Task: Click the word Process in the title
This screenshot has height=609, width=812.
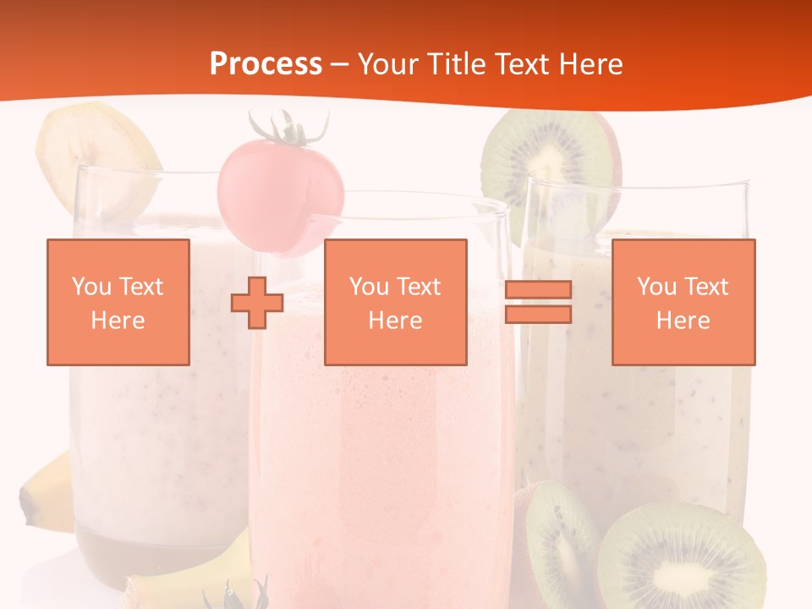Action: click(x=266, y=64)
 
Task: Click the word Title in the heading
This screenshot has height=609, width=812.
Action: click(x=453, y=64)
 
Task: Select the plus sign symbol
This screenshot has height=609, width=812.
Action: click(x=257, y=302)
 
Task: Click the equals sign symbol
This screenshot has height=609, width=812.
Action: click(x=538, y=302)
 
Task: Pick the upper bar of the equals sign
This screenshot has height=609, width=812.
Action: click(x=538, y=290)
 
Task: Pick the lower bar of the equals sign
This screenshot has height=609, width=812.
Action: click(x=538, y=314)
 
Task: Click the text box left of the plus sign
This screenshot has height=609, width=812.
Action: click(x=118, y=302)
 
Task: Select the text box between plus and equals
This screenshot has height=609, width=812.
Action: click(x=395, y=302)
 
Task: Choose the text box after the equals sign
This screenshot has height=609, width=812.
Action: click(x=683, y=302)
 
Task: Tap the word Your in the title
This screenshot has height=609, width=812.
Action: click(x=388, y=64)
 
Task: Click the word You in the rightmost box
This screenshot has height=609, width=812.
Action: click(x=656, y=287)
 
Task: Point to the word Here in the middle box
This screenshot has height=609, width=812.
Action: click(x=395, y=321)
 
